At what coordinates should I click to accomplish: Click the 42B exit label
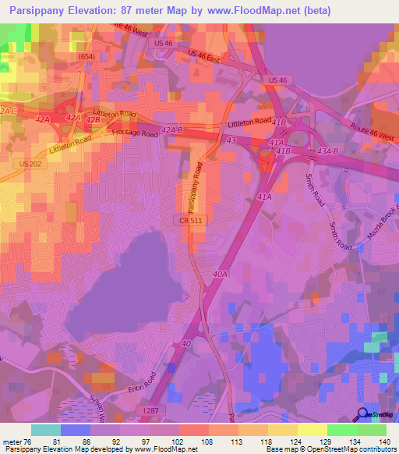pos(94,120)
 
